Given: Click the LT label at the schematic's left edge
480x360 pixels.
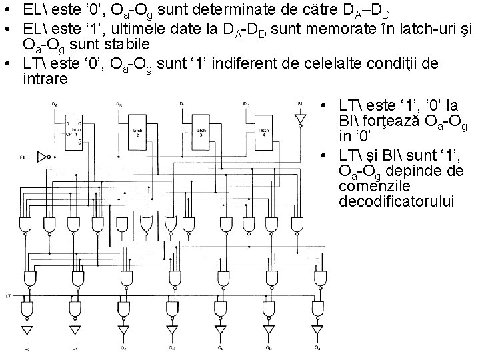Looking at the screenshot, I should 7,294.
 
